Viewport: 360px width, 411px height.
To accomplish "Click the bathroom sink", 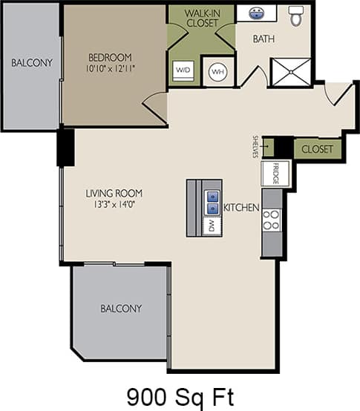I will tap(257, 13).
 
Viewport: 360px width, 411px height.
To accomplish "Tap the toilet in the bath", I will tap(297, 16).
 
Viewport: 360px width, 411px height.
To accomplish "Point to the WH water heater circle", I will tap(217, 71).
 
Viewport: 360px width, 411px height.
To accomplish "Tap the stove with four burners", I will tap(272, 220).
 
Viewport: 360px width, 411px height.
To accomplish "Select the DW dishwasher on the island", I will tap(212, 224).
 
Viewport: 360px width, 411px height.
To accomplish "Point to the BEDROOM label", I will tap(110, 58).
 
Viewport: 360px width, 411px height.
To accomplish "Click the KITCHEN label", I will tap(241, 208).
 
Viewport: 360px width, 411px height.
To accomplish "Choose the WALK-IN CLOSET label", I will tap(201, 18).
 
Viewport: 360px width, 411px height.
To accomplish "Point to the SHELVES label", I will tap(255, 147).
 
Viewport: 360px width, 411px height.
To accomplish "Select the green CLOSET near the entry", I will tap(318, 149).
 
